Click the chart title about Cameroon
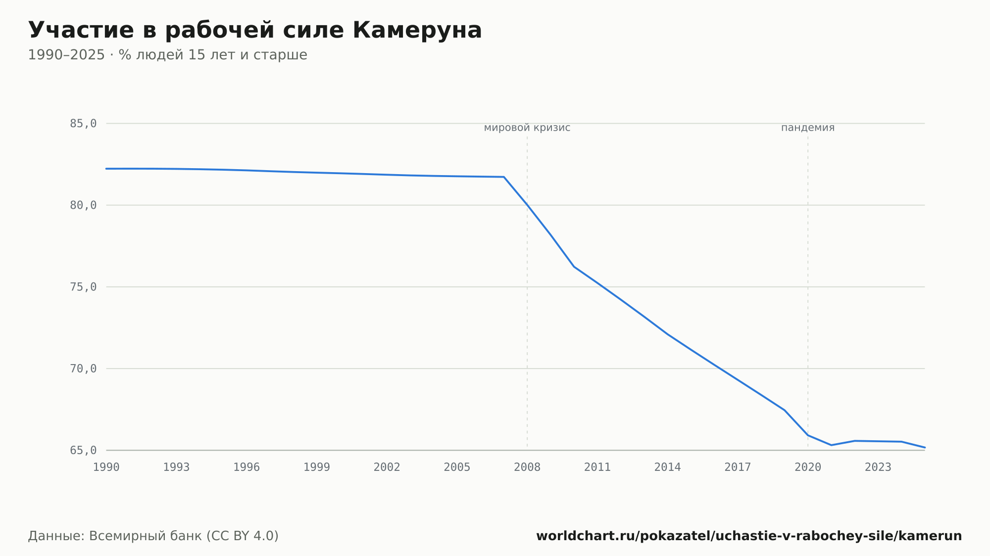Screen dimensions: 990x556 pyautogui.click(x=255, y=31)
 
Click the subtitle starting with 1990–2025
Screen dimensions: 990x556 pyautogui.click(x=167, y=55)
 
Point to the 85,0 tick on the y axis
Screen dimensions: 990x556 pyautogui.click(x=83, y=124)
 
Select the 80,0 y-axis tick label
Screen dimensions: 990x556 pyautogui.click(x=83, y=205)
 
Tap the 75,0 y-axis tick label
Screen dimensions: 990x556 pyautogui.click(x=83, y=287)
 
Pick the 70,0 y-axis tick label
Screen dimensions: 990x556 pyautogui.click(x=83, y=369)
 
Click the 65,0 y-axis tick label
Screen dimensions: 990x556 pyautogui.click(x=83, y=450)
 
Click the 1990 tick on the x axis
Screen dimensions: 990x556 pyautogui.click(x=106, y=467)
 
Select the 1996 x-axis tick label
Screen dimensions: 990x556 pyautogui.click(x=247, y=467)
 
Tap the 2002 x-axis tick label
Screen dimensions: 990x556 pyautogui.click(x=387, y=467)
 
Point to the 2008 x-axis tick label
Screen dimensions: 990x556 pyautogui.click(x=527, y=467)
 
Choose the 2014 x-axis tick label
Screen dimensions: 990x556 pyautogui.click(x=668, y=467)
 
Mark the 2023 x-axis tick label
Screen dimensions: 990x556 pyautogui.click(x=878, y=467)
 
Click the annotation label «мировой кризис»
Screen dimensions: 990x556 pyautogui.click(x=527, y=128)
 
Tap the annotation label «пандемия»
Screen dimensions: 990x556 pyautogui.click(x=808, y=128)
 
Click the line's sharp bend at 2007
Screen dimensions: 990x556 pyautogui.click(x=504, y=177)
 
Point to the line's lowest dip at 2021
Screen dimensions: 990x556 pyautogui.click(x=831, y=445)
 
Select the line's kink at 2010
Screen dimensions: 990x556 pyautogui.click(x=574, y=267)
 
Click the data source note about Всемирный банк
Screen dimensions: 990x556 pyautogui.click(x=153, y=536)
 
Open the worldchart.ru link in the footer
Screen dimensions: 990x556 pyautogui.click(x=749, y=536)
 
